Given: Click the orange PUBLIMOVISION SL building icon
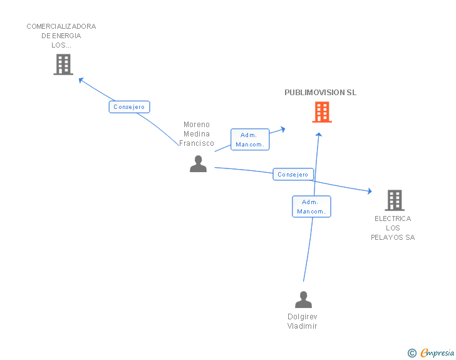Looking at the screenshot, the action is point(322,112).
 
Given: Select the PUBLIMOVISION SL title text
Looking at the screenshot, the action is point(320,93).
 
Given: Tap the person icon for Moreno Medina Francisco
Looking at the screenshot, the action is point(198,163).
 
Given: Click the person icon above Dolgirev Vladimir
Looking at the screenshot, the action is point(303,299).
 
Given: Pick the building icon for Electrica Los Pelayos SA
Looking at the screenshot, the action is point(395,200).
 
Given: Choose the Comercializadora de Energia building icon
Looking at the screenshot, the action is point(63,64).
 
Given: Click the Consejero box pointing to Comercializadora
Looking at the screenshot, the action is point(130,106).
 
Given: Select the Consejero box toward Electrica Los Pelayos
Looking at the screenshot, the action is point(293,174).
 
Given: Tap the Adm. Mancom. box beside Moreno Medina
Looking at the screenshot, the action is point(250,139).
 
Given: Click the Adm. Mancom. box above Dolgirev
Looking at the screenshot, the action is point(311,207).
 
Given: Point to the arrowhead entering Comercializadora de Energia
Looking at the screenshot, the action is point(81,80).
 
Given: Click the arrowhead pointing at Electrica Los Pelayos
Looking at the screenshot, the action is point(370,191).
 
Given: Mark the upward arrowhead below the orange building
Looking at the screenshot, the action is point(319,135).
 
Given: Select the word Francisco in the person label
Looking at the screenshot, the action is point(197,143).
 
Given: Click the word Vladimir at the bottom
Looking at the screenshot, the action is point(302,326).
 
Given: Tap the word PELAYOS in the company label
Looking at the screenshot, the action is point(387,237).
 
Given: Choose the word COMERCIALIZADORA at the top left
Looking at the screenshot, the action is point(61,26).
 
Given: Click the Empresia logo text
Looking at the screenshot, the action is point(437,352).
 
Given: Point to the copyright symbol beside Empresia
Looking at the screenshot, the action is point(412,353).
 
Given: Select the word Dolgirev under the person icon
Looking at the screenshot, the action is point(303,316).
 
